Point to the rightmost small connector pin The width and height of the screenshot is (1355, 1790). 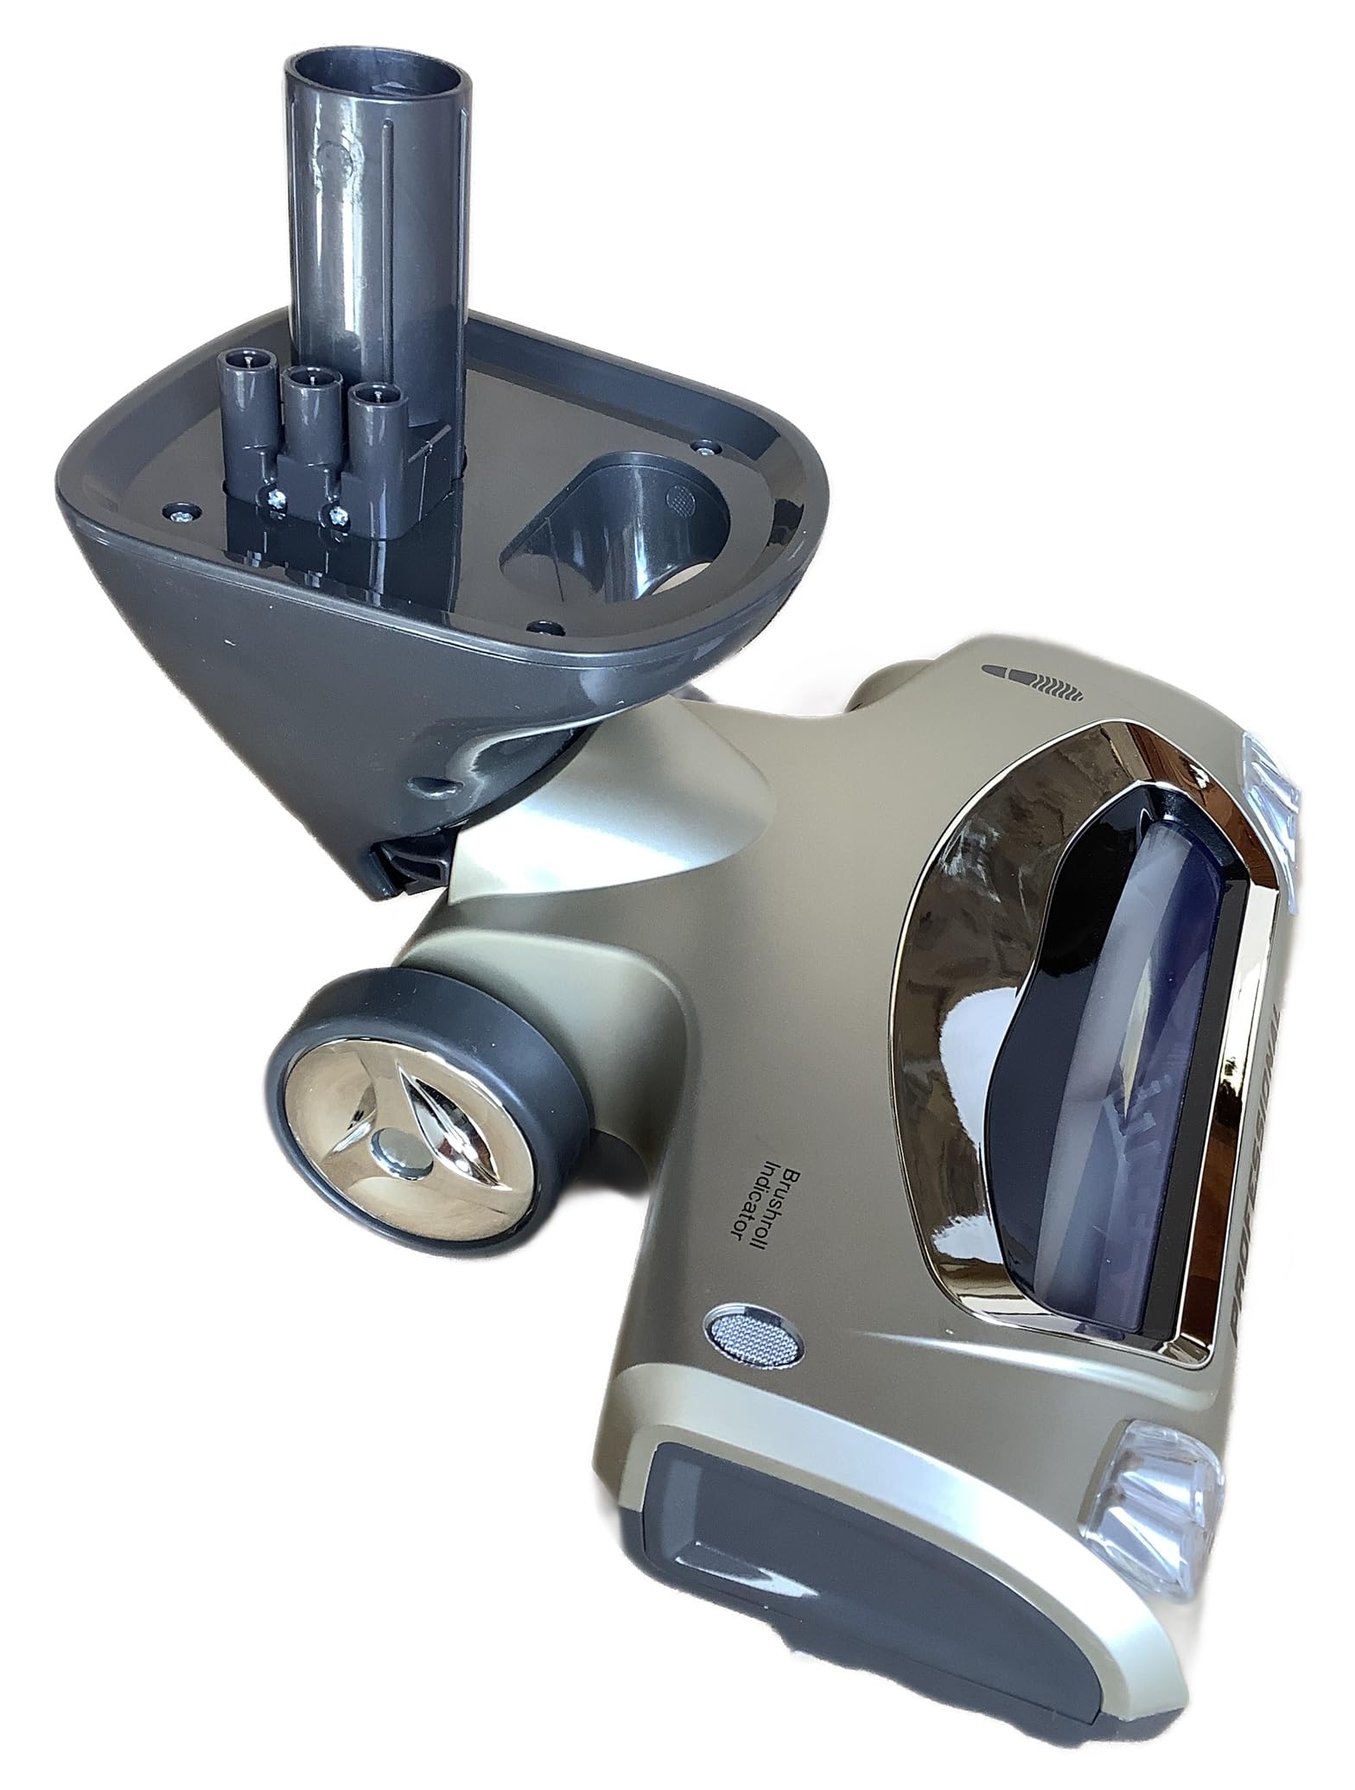click(370, 397)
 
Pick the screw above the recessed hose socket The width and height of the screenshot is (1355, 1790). click(708, 447)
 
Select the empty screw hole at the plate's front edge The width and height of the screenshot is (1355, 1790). click(542, 624)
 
